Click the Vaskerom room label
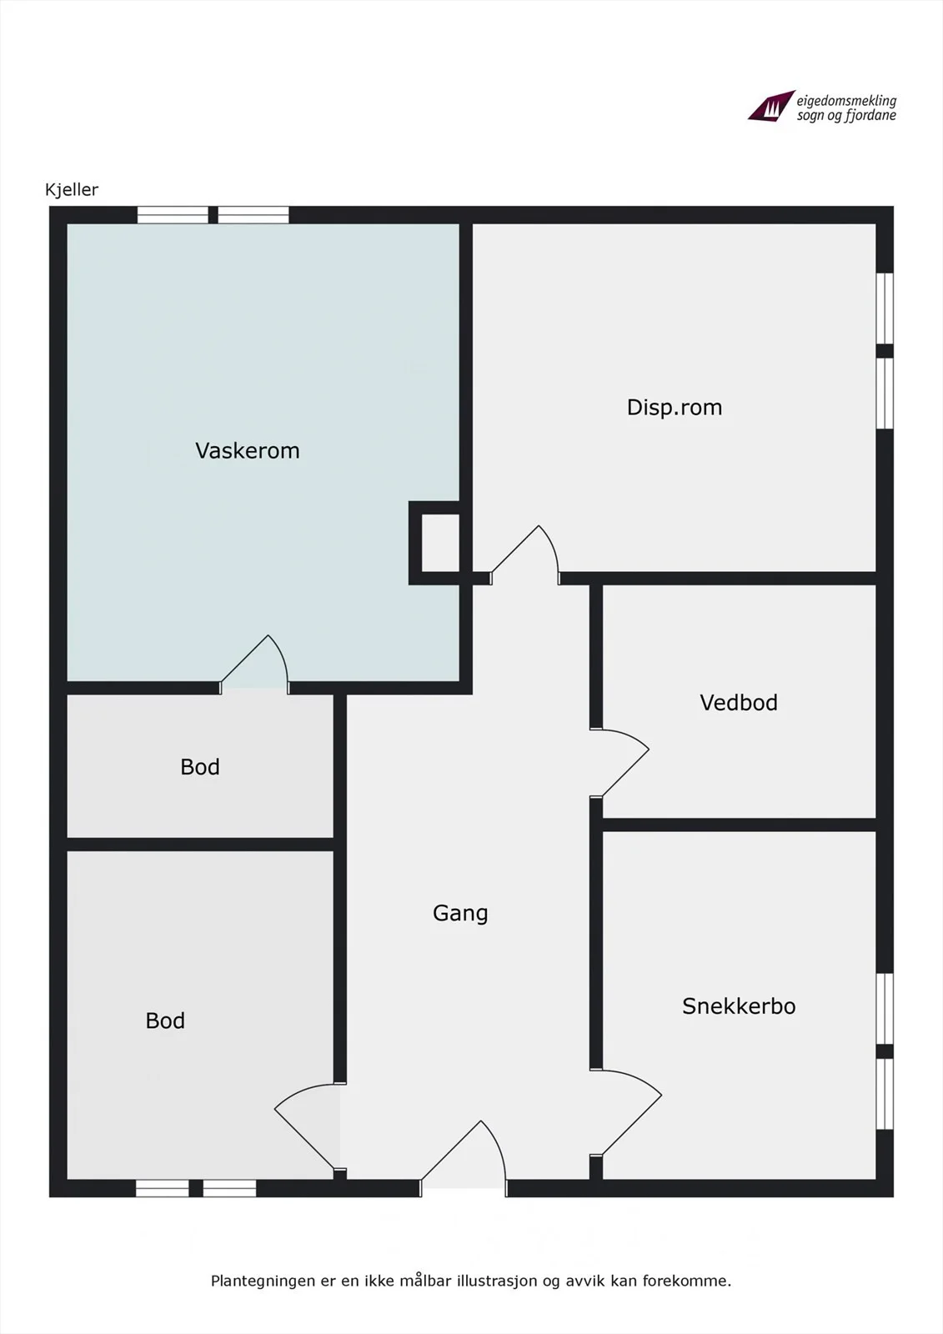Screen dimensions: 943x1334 pyautogui.click(x=248, y=451)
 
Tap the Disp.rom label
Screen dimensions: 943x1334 pyautogui.click(x=675, y=408)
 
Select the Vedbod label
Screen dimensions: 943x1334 pyautogui.click(x=739, y=703)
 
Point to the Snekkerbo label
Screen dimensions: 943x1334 pyautogui.click(x=739, y=1006)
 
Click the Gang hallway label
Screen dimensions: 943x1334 pyautogui.click(x=460, y=913)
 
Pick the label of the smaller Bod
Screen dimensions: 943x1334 pyautogui.click(x=200, y=766)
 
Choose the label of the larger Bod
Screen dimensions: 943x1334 pyautogui.click(x=165, y=1021)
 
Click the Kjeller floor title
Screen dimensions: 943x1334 pyautogui.click(x=72, y=190)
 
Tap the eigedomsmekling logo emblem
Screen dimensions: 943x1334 pyautogui.click(x=771, y=106)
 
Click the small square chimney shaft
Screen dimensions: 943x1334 pyautogui.click(x=440, y=543)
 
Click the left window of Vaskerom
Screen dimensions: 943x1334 pyautogui.click(x=173, y=214)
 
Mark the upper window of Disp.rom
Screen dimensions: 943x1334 pyautogui.click(x=885, y=308)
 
